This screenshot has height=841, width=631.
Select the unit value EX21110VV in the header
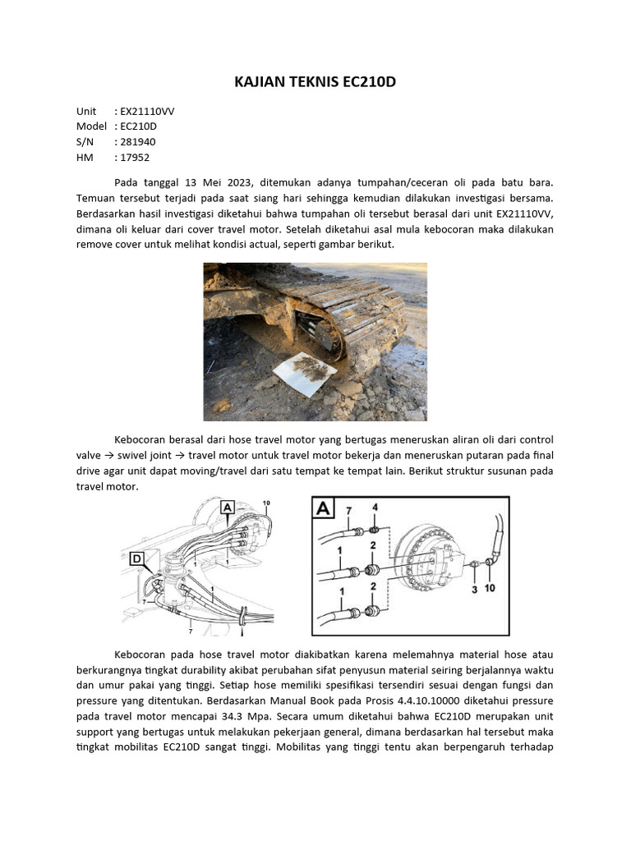coord(147,111)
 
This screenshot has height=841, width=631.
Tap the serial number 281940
coord(136,142)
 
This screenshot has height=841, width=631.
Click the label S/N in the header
coord(85,142)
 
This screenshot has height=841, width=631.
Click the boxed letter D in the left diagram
coord(136,559)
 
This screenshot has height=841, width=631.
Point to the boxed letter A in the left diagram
coord(227,508)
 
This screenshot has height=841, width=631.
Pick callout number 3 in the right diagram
coord(474,589)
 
